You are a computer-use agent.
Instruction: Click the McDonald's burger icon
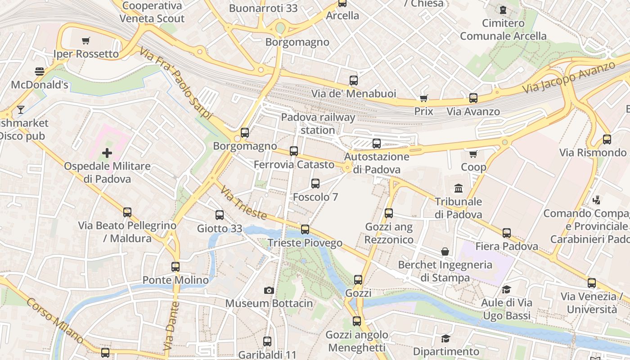tap(40, 71)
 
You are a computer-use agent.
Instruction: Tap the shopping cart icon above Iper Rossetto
tap(86, 40)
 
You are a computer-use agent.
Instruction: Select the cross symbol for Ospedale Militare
tap(107, 153)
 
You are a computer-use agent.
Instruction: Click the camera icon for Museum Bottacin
tap(269, 290)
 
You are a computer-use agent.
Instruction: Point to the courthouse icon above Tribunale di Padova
tap(459, 188)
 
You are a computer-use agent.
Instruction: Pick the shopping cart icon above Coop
tap(473, 154)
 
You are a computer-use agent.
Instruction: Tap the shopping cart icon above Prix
tap(423, 98)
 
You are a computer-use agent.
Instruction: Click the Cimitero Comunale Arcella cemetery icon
tap(503, 9)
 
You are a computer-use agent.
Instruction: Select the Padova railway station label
tap(318, 124)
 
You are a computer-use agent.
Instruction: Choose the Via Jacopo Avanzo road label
tap(569, 77)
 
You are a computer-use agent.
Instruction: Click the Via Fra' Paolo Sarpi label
tap(175, 84)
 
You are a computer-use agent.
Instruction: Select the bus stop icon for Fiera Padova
tap(507, 233)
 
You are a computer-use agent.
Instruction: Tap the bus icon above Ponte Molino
tap(175, 266)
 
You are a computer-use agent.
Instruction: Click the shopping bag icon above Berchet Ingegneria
tap(445, 251)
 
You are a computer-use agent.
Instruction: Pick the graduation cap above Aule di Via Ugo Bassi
tap(507, 289)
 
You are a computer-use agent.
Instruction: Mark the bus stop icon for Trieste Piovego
tap(305, 229)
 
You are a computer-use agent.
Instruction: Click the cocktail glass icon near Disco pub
tap(20, 109)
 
